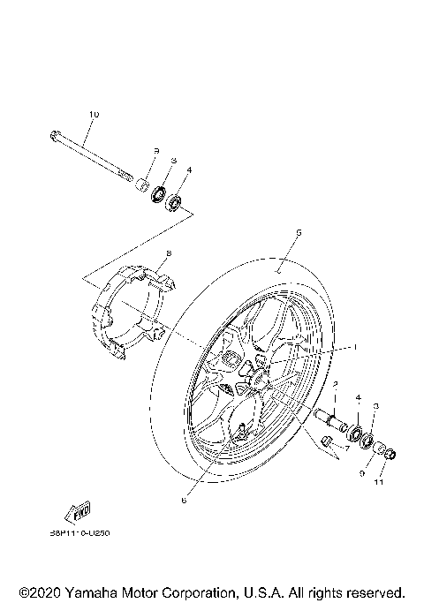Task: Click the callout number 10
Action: click(x=95, y=115)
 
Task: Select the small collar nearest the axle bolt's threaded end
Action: click(x=139, y=185)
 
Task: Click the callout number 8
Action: click(x=168, y=253)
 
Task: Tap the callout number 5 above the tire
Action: click(x=299, y=232)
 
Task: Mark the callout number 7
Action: click(x=347, y=449)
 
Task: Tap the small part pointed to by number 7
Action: click(x=328, y=442)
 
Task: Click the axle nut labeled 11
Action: click(x=391, y=455)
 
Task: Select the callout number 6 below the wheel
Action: click(x=183, y=500)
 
